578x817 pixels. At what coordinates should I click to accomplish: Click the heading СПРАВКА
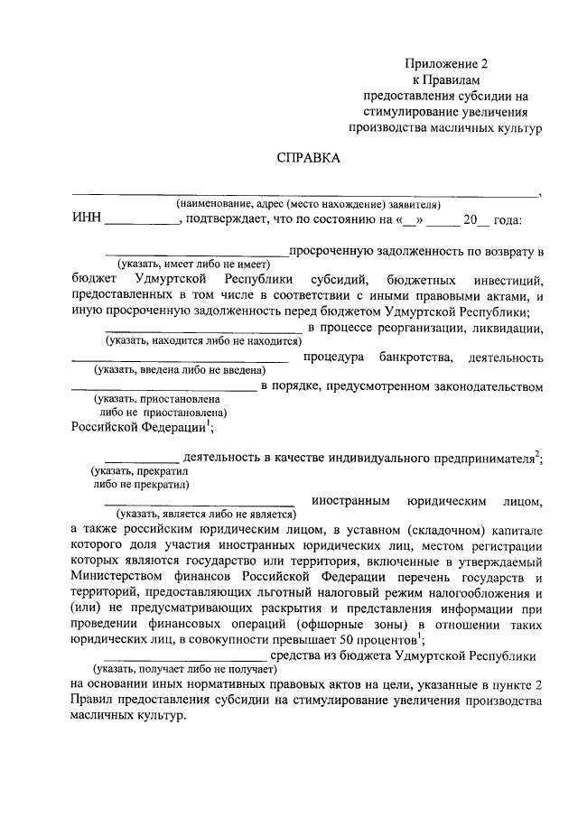pos(308,158)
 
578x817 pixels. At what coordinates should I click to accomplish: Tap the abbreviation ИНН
pos(86,219)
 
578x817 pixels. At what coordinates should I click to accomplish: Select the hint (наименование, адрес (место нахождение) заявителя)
pos(308,203)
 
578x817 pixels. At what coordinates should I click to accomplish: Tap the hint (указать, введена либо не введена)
pos(181,370)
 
